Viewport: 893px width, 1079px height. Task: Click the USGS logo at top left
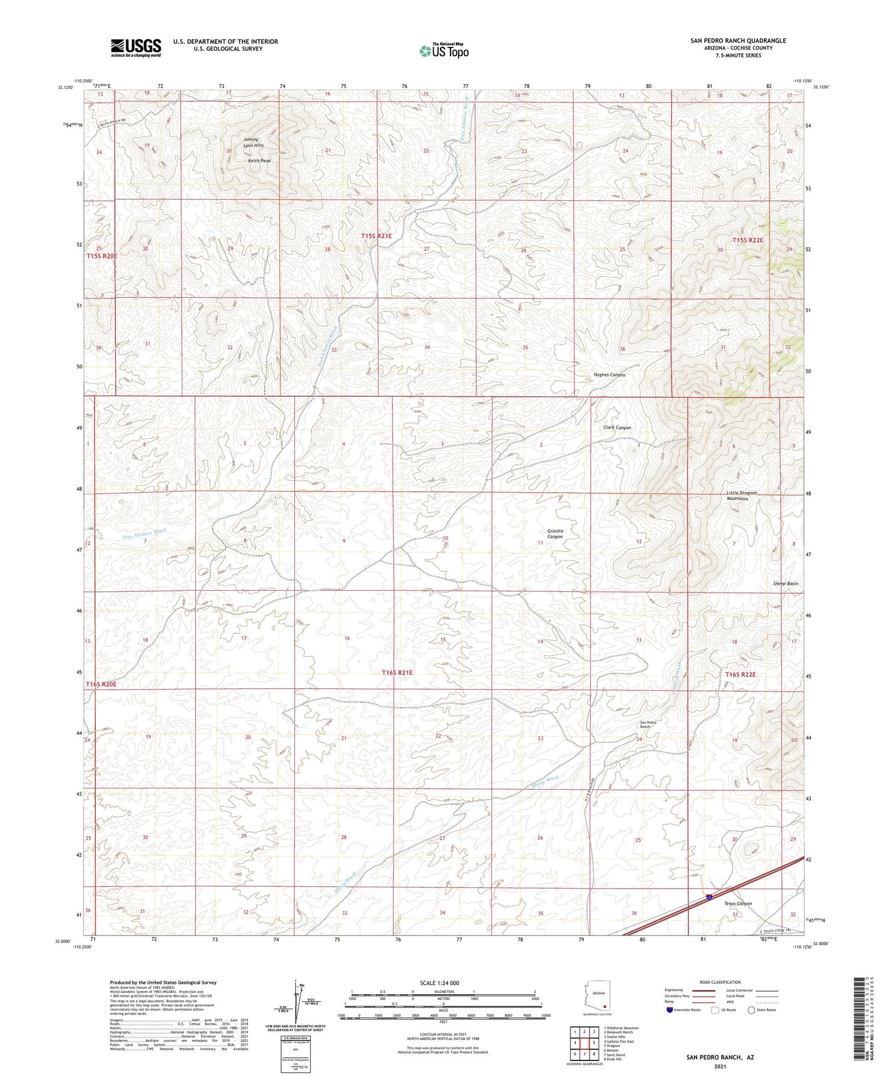[x=136, y=48]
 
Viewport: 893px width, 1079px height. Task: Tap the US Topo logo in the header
[x=443, y=51]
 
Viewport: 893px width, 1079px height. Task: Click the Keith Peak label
[x=259, y=161]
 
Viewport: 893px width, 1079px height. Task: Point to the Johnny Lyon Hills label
[x=253, y=142]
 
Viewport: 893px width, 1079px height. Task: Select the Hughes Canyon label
[x=609, y=375]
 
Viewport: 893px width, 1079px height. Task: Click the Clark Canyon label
[x=617, y=428]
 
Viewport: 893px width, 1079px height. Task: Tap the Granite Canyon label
[x=555, y=534]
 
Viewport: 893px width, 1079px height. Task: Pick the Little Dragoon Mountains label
[x=742, y=496]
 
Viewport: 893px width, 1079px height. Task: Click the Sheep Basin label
[x=785, y=583]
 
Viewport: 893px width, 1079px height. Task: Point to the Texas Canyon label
[x=738, y=903]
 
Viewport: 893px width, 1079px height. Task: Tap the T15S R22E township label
[x=748, y=240]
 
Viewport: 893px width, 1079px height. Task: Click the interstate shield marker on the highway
[x=708, y=895]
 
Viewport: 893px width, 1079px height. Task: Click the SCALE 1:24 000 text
[x=443, y=983]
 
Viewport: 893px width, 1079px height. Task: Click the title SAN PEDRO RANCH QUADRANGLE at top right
[x=738, y=41]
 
